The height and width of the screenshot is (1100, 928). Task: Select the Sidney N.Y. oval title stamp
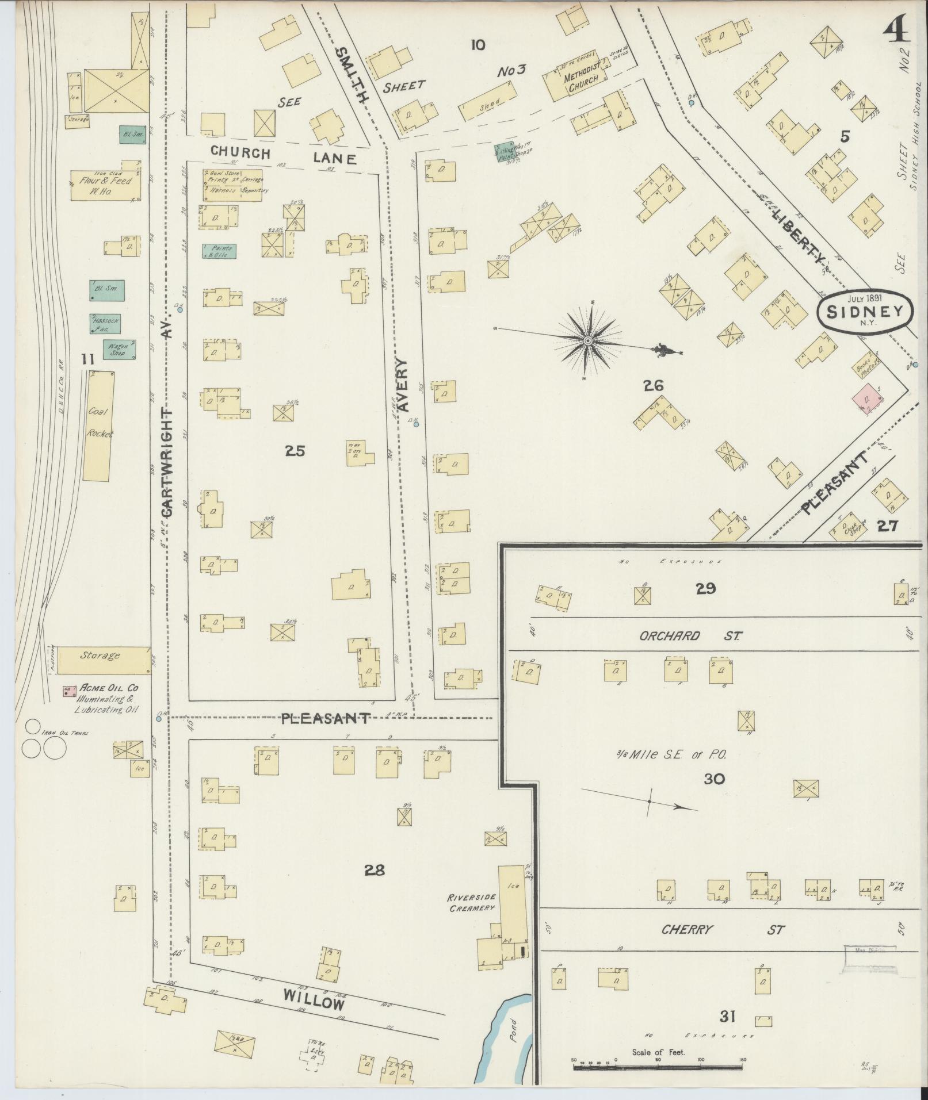[865, 311]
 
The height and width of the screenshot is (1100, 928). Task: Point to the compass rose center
[587, 340]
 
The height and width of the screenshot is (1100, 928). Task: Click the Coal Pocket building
[98, 425]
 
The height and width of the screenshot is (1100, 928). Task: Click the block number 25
[295, 451]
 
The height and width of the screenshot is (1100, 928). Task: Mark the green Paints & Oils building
[219, 251]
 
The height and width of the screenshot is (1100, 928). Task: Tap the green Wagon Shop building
[119, 349]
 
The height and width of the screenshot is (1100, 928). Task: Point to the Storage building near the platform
[102, 655]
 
